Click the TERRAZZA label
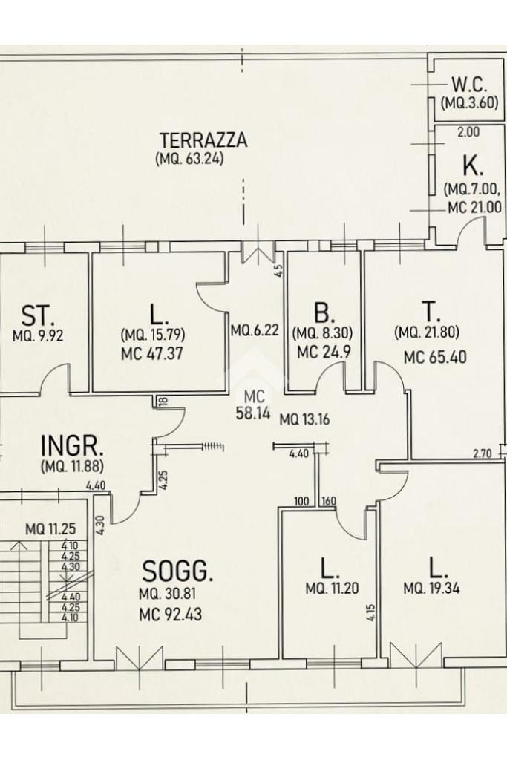(203, 140)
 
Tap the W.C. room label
(469, 85)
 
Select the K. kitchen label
(473, 167)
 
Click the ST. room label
(38, 315)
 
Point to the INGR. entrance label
(72, 445)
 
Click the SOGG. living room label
(177, 571)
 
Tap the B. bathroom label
(324, 313)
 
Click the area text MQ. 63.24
(189, 159)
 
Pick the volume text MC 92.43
(170, 615)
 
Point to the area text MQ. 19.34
(431, 589)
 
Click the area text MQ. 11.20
(332, 589)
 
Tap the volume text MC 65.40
(435, 357)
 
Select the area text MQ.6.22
(255, 330)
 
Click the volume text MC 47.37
(151, 353)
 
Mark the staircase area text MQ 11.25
(50, 528)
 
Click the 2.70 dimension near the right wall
(483, 454)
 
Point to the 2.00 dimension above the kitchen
(468, 131)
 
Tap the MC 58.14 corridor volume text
(253, 406)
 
